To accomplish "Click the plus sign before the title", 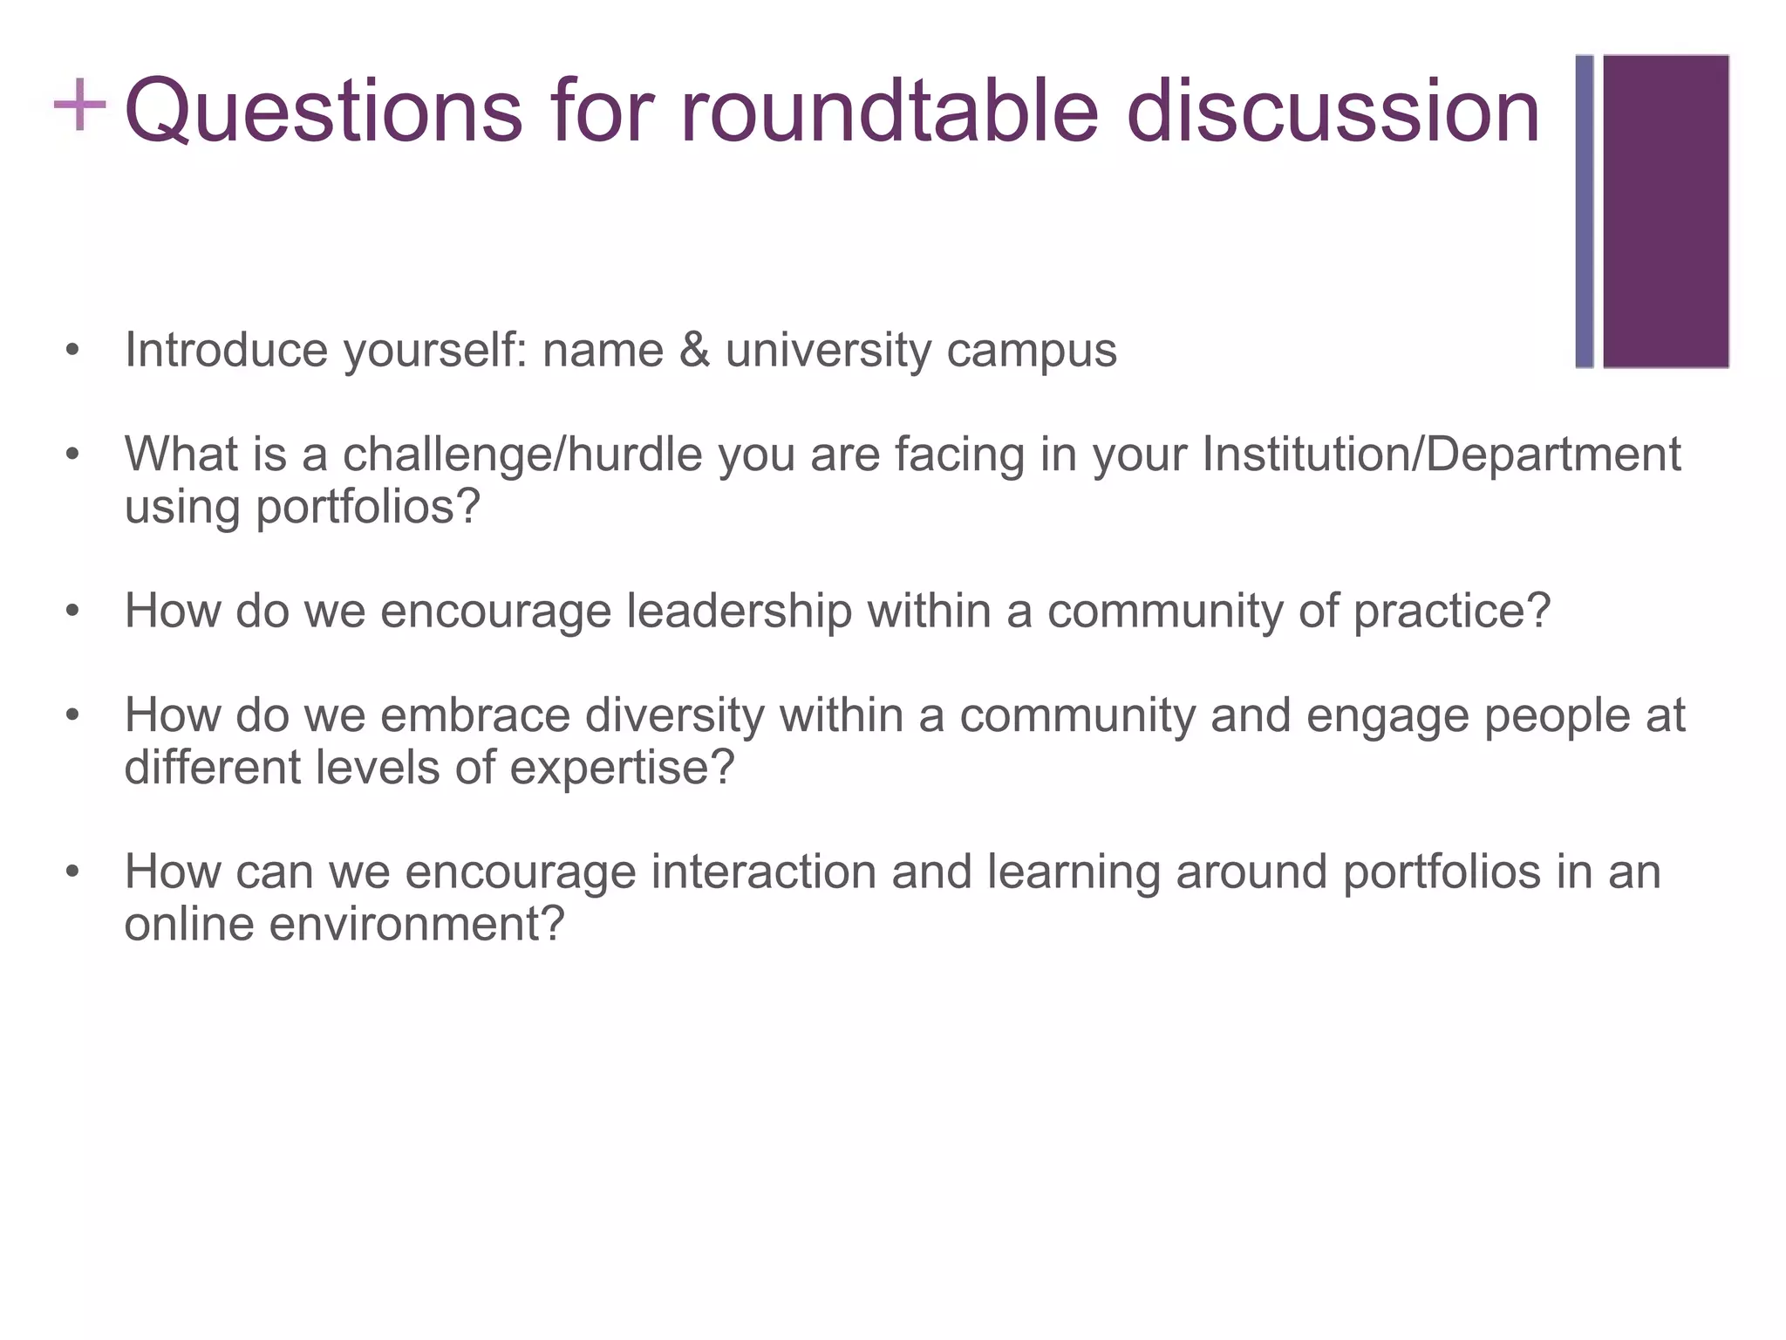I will [x=79, y=105].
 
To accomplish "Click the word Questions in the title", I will [x=324, y=112].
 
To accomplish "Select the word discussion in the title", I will [x=1333, y=112].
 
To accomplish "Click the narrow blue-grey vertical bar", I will [x=1584, y=211].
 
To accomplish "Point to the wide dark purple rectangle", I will [x=1666, y=211].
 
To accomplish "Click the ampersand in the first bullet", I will [x=694, y=351].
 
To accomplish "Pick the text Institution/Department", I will [x=1441, y=455].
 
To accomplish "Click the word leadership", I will [x=739, y=611].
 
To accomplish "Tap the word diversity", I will [x=675, y=715].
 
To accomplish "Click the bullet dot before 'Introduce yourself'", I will [x=72, y=352].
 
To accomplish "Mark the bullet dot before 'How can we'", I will [x=72, y=872].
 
